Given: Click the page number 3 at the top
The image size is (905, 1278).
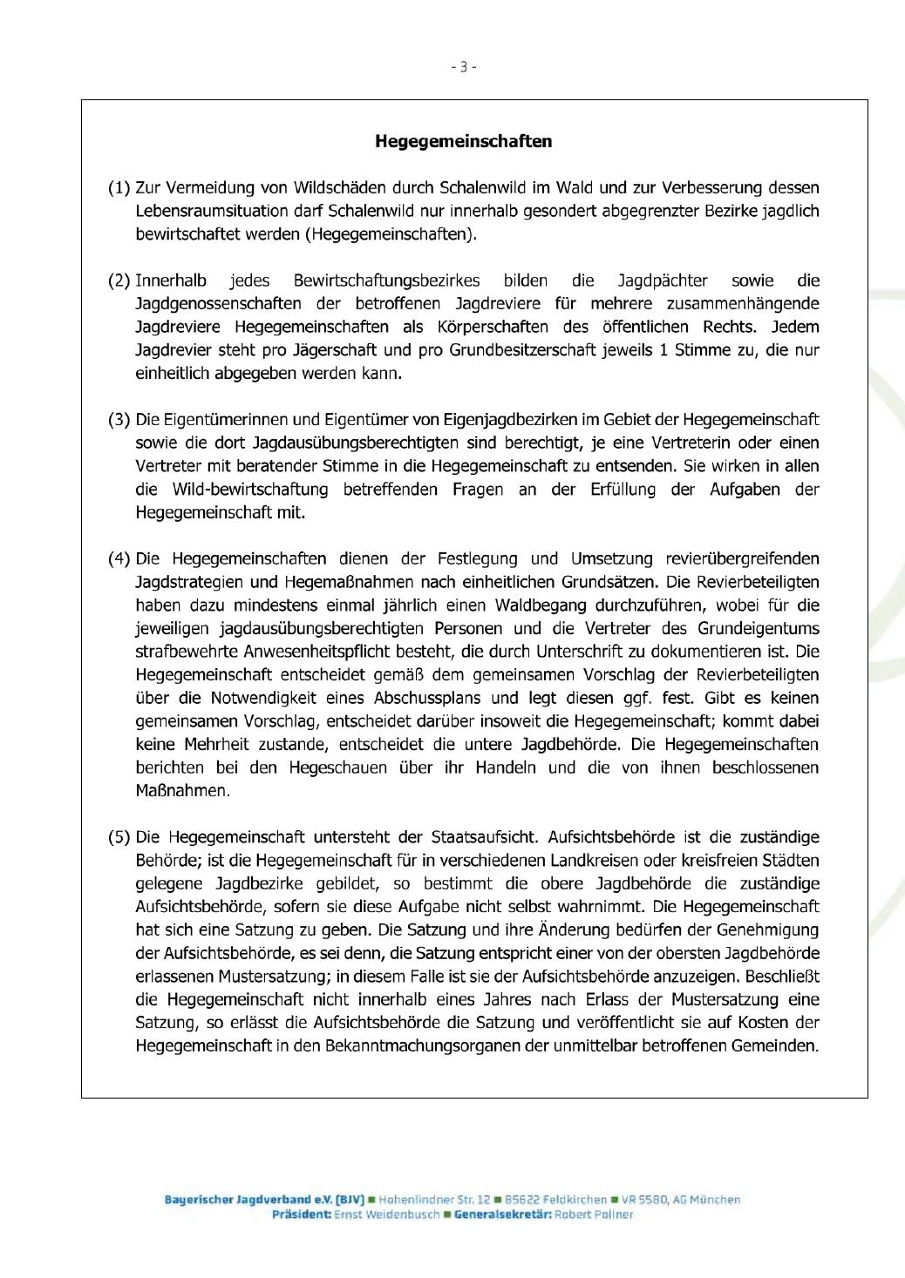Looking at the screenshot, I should pyautogui.click(x=464, y=66).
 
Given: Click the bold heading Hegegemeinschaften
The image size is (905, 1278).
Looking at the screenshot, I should pyautogui.click(x=463, y=141).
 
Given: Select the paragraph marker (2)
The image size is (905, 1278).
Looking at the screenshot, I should pyautogui.click(x=119, y=281).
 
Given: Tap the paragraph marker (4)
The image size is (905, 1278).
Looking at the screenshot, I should pyautogui.click(x=119, y=558).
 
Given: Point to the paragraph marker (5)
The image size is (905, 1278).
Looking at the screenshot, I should pyautogui.click(x=119, y=837).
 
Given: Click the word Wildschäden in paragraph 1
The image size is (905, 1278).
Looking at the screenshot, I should pyautogui.click(x=340, y=187).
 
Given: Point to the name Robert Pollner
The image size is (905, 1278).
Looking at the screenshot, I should pyautogui.click(x=596, y=1214).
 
